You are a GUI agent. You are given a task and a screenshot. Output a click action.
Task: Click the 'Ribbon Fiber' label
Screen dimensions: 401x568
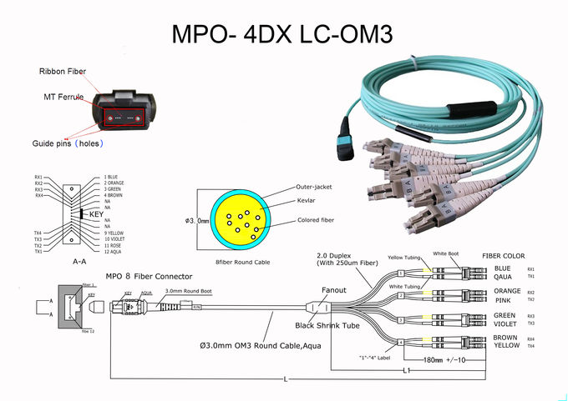(x=63, y=72)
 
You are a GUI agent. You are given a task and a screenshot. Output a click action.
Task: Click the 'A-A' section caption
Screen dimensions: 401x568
(x=82, y=261)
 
